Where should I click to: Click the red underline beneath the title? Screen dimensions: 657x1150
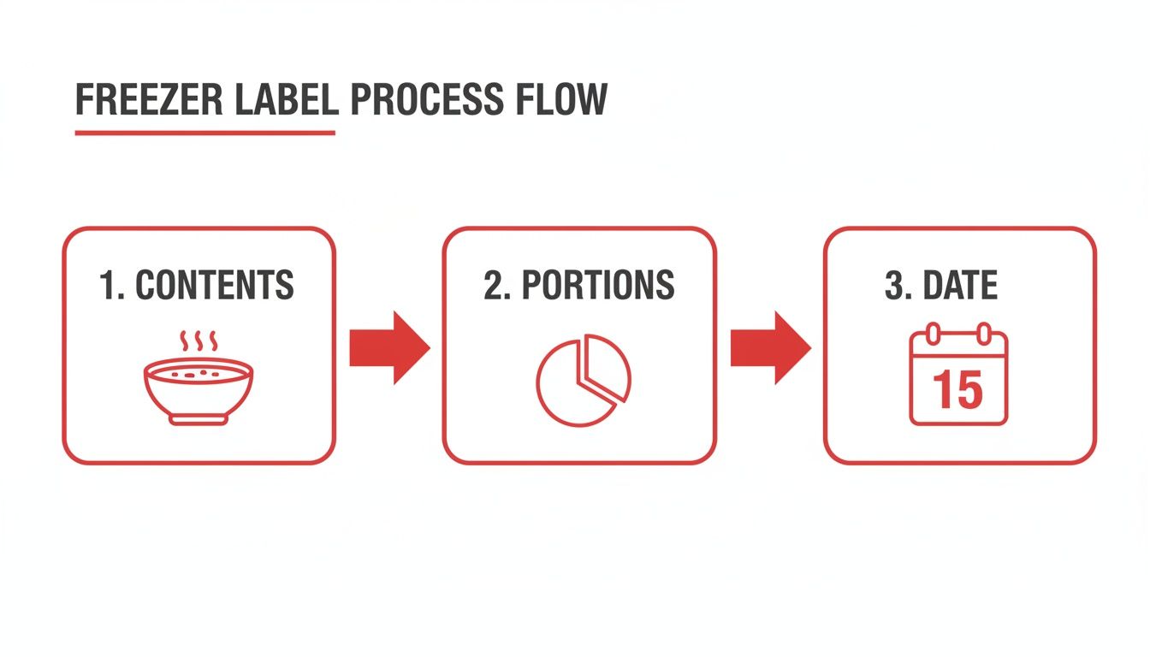pos(205,133)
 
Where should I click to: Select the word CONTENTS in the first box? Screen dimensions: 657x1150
pos(215,285)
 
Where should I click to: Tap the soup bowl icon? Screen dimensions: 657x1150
pos(199,389)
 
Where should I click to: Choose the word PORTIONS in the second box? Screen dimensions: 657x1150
pos(598,285)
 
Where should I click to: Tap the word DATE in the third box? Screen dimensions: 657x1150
pos(961,285)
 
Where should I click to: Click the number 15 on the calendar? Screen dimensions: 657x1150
pos(958,390)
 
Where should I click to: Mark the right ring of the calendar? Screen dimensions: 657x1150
pos(984,333)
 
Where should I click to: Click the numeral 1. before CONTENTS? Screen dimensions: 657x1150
pos(112,285)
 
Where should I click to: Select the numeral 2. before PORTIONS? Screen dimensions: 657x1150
pos(496,285)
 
